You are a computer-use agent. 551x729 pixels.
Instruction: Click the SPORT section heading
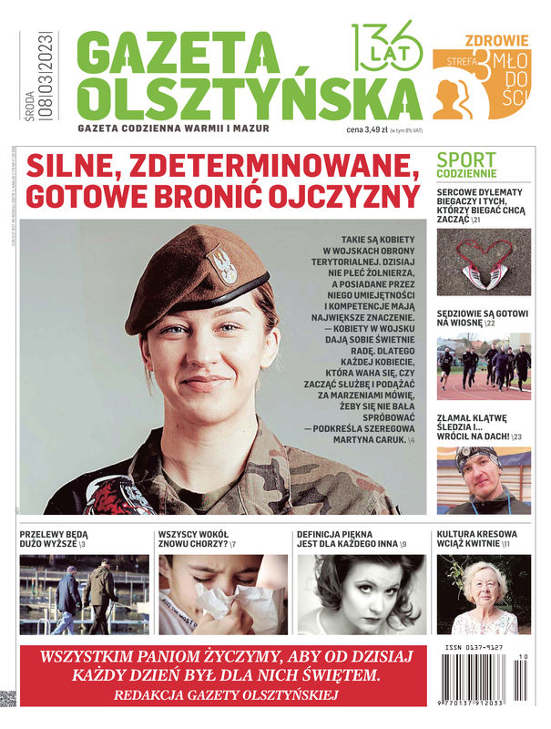(466, 159)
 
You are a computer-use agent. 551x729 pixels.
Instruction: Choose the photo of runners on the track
(483, 368)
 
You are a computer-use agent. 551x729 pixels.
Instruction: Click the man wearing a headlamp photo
(483, 479)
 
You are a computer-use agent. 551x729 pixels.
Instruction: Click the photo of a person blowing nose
(221, 593)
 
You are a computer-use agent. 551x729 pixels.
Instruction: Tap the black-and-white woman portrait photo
(361, 593)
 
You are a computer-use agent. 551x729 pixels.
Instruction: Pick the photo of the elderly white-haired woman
(483, 593)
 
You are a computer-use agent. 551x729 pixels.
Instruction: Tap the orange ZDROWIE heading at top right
(496, 40)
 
